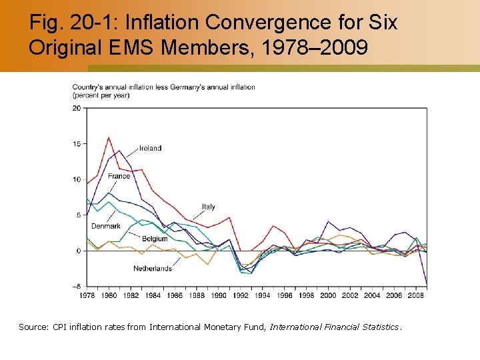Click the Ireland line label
coord(150,148)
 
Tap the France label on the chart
coord(119,176)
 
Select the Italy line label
coord(208,207)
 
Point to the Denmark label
coord(106,226)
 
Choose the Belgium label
coord(155,239)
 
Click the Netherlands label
coord(152,269)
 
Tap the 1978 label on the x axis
coord(87,295)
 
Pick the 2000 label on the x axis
coord(328,295)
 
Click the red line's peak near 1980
coord(109,137)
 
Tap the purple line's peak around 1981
coord(119,151)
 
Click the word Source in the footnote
coord(33,327)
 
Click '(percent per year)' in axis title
coord(101,95)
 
